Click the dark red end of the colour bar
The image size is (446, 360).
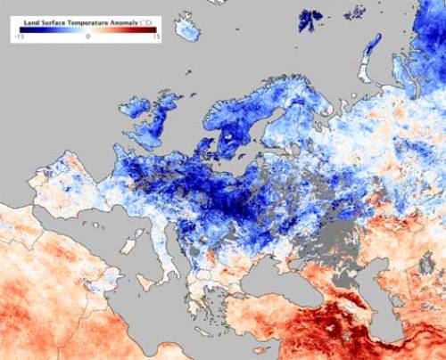(153, 30)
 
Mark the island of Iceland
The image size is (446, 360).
(187, 29)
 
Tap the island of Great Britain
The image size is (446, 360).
(161, 125)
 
